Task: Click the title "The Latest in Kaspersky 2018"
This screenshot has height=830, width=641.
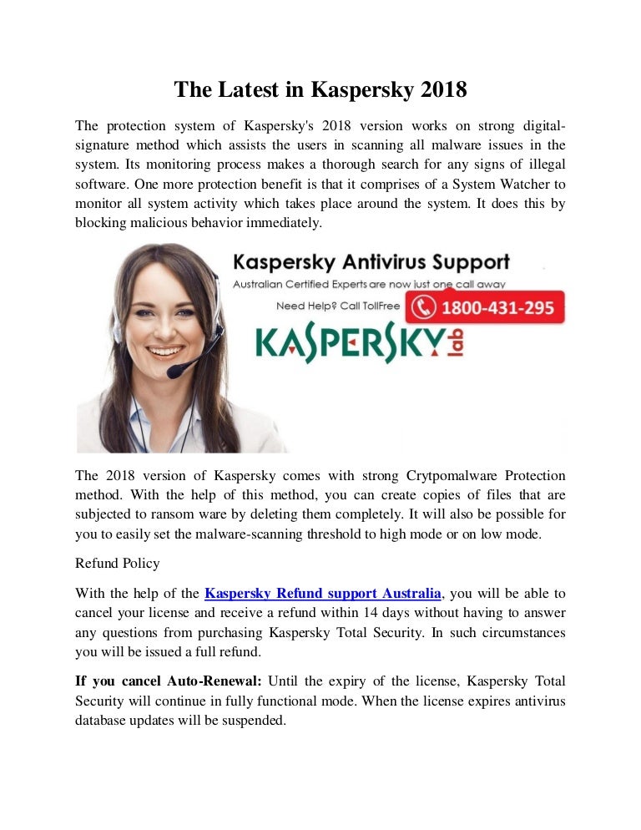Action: click(320, 89)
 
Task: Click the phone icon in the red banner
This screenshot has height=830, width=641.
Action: click(425, 307)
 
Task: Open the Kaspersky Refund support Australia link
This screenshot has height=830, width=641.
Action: click(323, 594)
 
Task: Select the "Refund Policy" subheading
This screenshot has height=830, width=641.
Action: click(117, 564)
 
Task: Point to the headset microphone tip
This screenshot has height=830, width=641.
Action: click(174, 372)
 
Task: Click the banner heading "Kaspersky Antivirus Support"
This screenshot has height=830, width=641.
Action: click(371, 262)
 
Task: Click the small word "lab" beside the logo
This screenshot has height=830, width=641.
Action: click(454, 342)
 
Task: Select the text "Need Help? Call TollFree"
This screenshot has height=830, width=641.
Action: click(338, 306)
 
